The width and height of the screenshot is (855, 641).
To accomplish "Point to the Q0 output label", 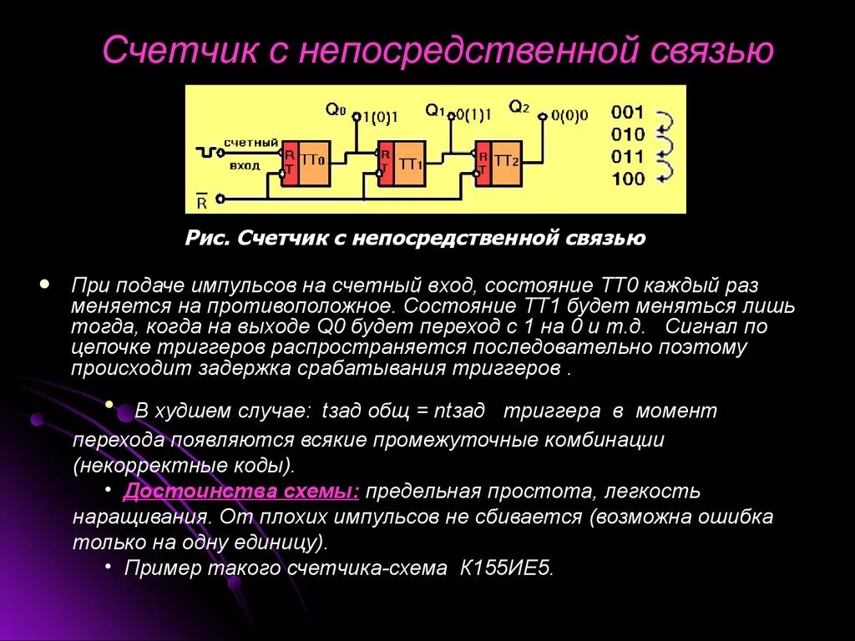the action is click(x=336, y=109).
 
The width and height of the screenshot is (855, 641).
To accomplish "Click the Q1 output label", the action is click(x=435, y=109).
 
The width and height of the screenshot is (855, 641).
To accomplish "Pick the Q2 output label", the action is click(x=519, y=107).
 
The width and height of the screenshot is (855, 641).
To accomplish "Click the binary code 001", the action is click(x=628, y=113).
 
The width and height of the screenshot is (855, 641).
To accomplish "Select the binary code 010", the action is click(x=628, y=134).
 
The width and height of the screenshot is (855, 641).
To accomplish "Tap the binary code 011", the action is click(x=628, y=156).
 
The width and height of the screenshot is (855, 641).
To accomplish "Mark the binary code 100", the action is click(x=628, y=178).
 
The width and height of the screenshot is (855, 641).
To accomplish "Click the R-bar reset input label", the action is click(x=201, y=201).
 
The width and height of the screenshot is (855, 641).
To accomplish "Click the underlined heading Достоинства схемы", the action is click(x=242, y=491).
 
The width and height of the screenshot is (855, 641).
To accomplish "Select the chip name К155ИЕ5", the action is click(x=507, y=568).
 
